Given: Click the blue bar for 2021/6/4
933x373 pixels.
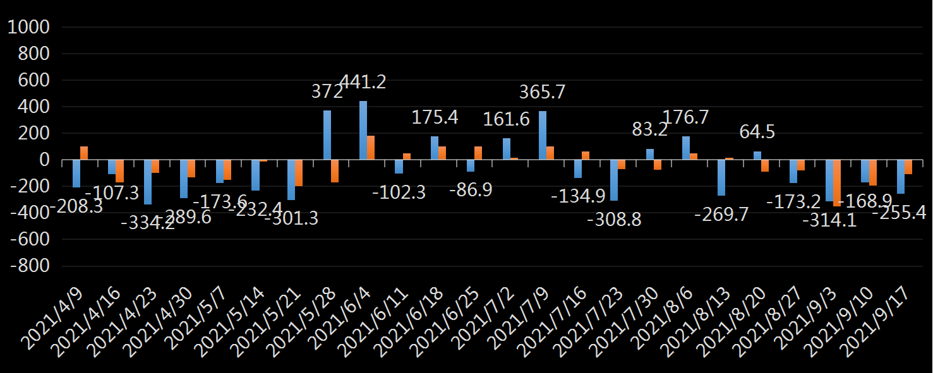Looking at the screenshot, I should pyautogui.click(x=363, y=130).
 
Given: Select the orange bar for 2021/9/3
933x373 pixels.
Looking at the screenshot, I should pyautogui.click(x=837, y=183).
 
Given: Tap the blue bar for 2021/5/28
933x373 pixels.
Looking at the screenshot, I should pyautogui.click(x=327, y=135).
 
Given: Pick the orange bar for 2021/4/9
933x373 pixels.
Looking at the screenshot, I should pyautogui.click(x=84, y=153).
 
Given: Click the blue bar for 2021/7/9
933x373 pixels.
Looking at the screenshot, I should pyautogui.click(x=543, y=136).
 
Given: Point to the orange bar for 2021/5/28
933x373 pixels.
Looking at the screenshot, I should pyautogui.click(x=335, y=171).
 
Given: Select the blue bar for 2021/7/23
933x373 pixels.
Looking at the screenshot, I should pyautogui.click(x=614, y=180).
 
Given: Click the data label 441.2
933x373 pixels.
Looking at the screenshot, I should pyautogui.click(x=363, y=82).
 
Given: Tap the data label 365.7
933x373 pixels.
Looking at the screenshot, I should pyautogui.click(x=542, y=92).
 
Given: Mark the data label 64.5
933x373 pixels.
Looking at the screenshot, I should pyautogui.click(x=757, y=133).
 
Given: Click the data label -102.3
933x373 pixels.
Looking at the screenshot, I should pyautogui.click(x=399, y=192).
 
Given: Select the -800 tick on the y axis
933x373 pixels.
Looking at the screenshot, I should pyautogui.click(x=30, y=266).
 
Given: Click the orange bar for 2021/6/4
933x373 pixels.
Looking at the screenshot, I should pyautogui.click(x=371, y=148).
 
